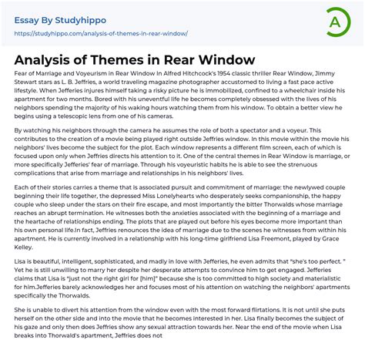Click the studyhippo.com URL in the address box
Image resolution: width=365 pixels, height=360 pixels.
(x=100, y=34)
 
